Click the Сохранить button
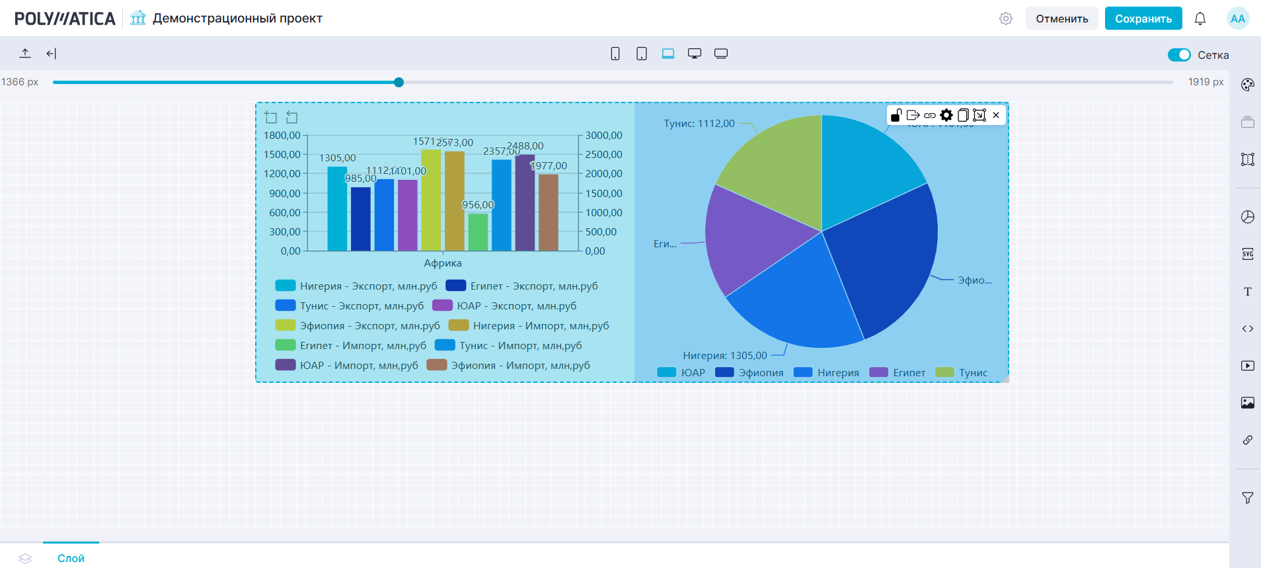1143,19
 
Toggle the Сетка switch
1179,55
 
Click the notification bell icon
1200,19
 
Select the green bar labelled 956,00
478,232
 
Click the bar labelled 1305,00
337,208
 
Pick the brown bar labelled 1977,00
549,212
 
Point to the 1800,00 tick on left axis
282,136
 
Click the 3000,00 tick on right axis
603,136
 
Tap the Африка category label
443,263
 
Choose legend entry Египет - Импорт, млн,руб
363,346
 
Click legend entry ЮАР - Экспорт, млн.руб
516,306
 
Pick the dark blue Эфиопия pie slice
886,264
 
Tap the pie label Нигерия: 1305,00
725,356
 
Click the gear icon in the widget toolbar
946,115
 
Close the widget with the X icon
996,115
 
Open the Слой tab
71,558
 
